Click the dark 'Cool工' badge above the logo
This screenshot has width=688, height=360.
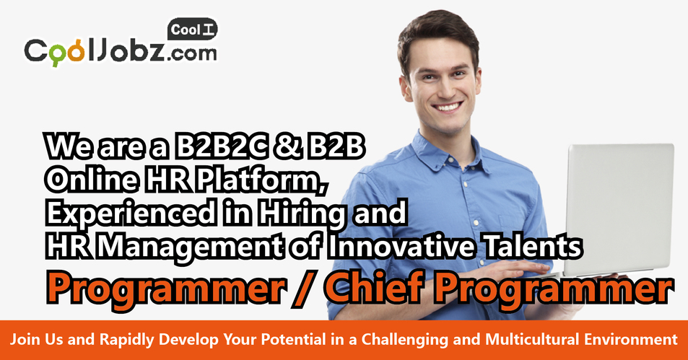click(192, 30)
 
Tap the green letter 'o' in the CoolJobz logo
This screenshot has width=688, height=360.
click(56, 53)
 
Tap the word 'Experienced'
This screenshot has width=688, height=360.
click(131, 214)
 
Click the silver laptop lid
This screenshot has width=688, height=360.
click(619, 209)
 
